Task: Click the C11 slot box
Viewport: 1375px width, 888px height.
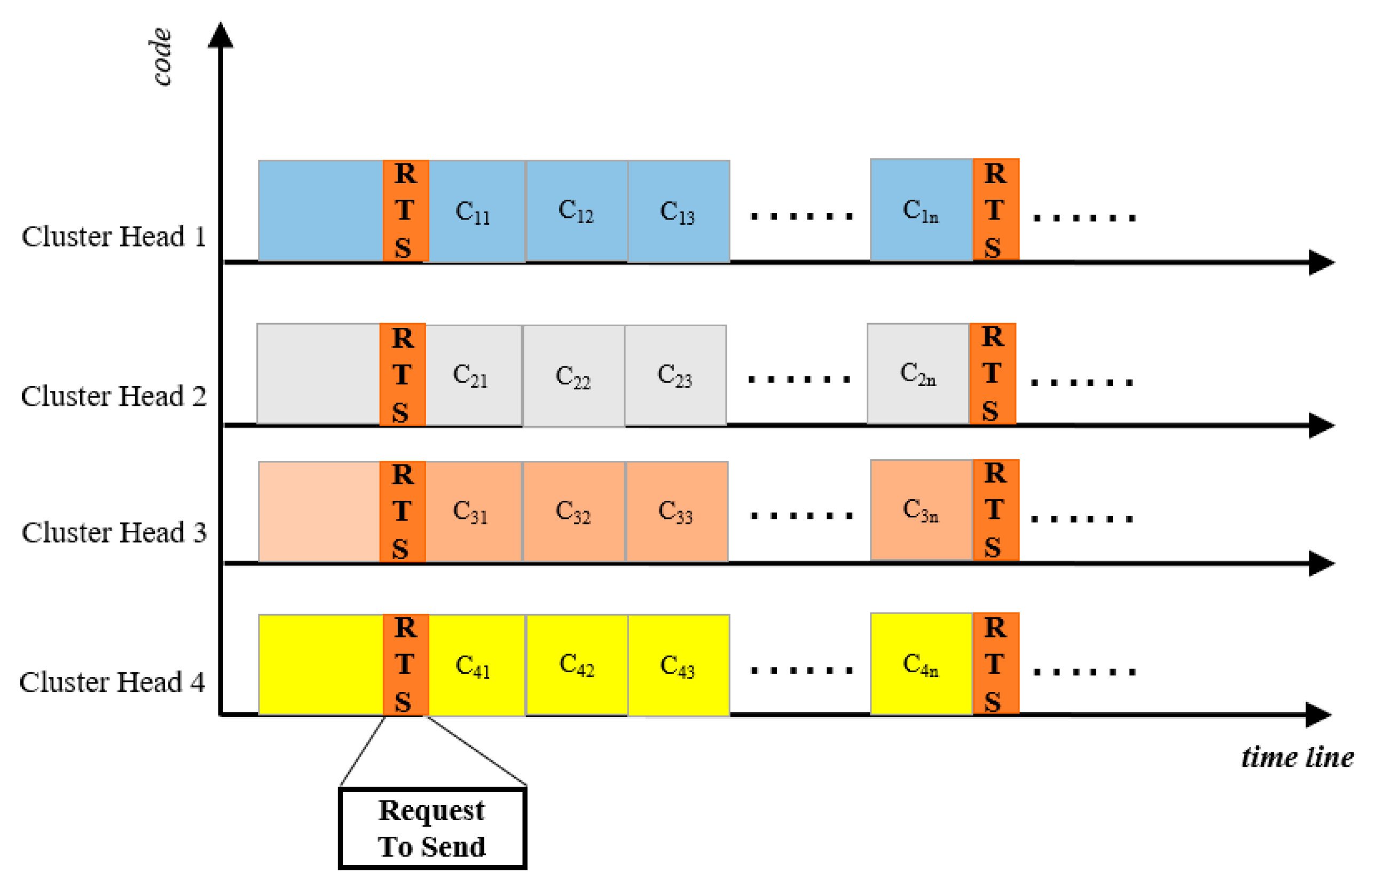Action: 476,211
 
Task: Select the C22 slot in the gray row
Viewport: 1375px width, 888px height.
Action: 573,376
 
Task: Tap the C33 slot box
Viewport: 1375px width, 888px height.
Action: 676,511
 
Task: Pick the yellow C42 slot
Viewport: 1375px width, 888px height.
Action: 577,665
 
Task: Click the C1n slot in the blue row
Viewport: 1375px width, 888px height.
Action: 921,210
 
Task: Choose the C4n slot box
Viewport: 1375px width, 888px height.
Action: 921,664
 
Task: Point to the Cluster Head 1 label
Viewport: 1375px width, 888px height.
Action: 114,237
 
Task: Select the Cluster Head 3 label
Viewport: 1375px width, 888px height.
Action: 114,532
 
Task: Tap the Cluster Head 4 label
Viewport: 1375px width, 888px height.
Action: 113,682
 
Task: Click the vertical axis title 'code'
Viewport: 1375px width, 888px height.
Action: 161,57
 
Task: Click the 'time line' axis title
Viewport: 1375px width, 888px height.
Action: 1297,757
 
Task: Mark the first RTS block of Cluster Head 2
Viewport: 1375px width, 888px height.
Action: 403,375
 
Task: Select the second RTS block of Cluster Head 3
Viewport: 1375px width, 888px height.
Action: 995,510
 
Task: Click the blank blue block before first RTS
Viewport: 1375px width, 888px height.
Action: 320,211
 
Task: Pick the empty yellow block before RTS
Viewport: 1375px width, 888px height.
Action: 320,665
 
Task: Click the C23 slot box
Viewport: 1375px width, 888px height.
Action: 675,375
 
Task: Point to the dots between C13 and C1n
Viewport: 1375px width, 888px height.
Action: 801,217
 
